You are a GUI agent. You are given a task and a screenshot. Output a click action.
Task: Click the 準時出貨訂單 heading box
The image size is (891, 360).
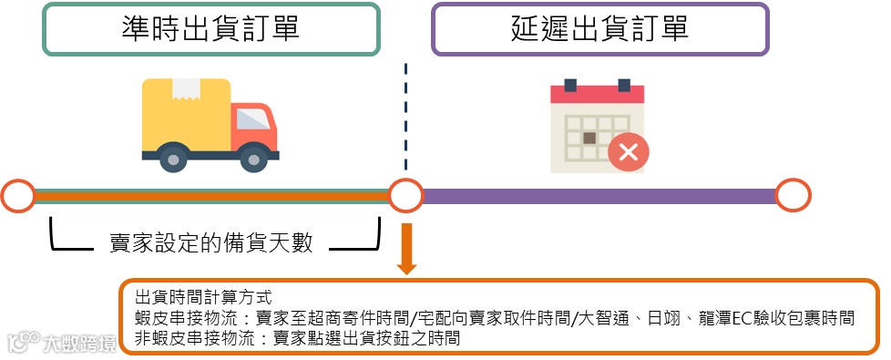point(210,29)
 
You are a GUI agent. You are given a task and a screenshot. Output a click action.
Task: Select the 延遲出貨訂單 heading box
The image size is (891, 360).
point(600,29)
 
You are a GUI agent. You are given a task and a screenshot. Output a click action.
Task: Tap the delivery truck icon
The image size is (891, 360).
point(210,124)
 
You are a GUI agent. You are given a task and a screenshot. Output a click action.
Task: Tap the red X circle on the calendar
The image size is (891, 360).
point(628,151)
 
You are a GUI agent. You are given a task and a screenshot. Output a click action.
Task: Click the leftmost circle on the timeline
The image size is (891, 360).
point(17,196)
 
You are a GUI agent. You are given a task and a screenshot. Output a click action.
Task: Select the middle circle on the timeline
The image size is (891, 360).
point(406,196)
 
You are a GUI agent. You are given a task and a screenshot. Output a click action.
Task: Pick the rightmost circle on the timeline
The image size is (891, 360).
point(794,196)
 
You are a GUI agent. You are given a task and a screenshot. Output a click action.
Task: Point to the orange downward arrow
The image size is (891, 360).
point(406,248)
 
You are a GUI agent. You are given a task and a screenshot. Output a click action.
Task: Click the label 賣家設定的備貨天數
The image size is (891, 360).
point(210,242)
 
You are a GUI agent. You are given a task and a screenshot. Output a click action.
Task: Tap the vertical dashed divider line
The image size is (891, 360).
point(406,118)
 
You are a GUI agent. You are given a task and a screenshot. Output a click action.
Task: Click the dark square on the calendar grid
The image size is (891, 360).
point(589,138)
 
